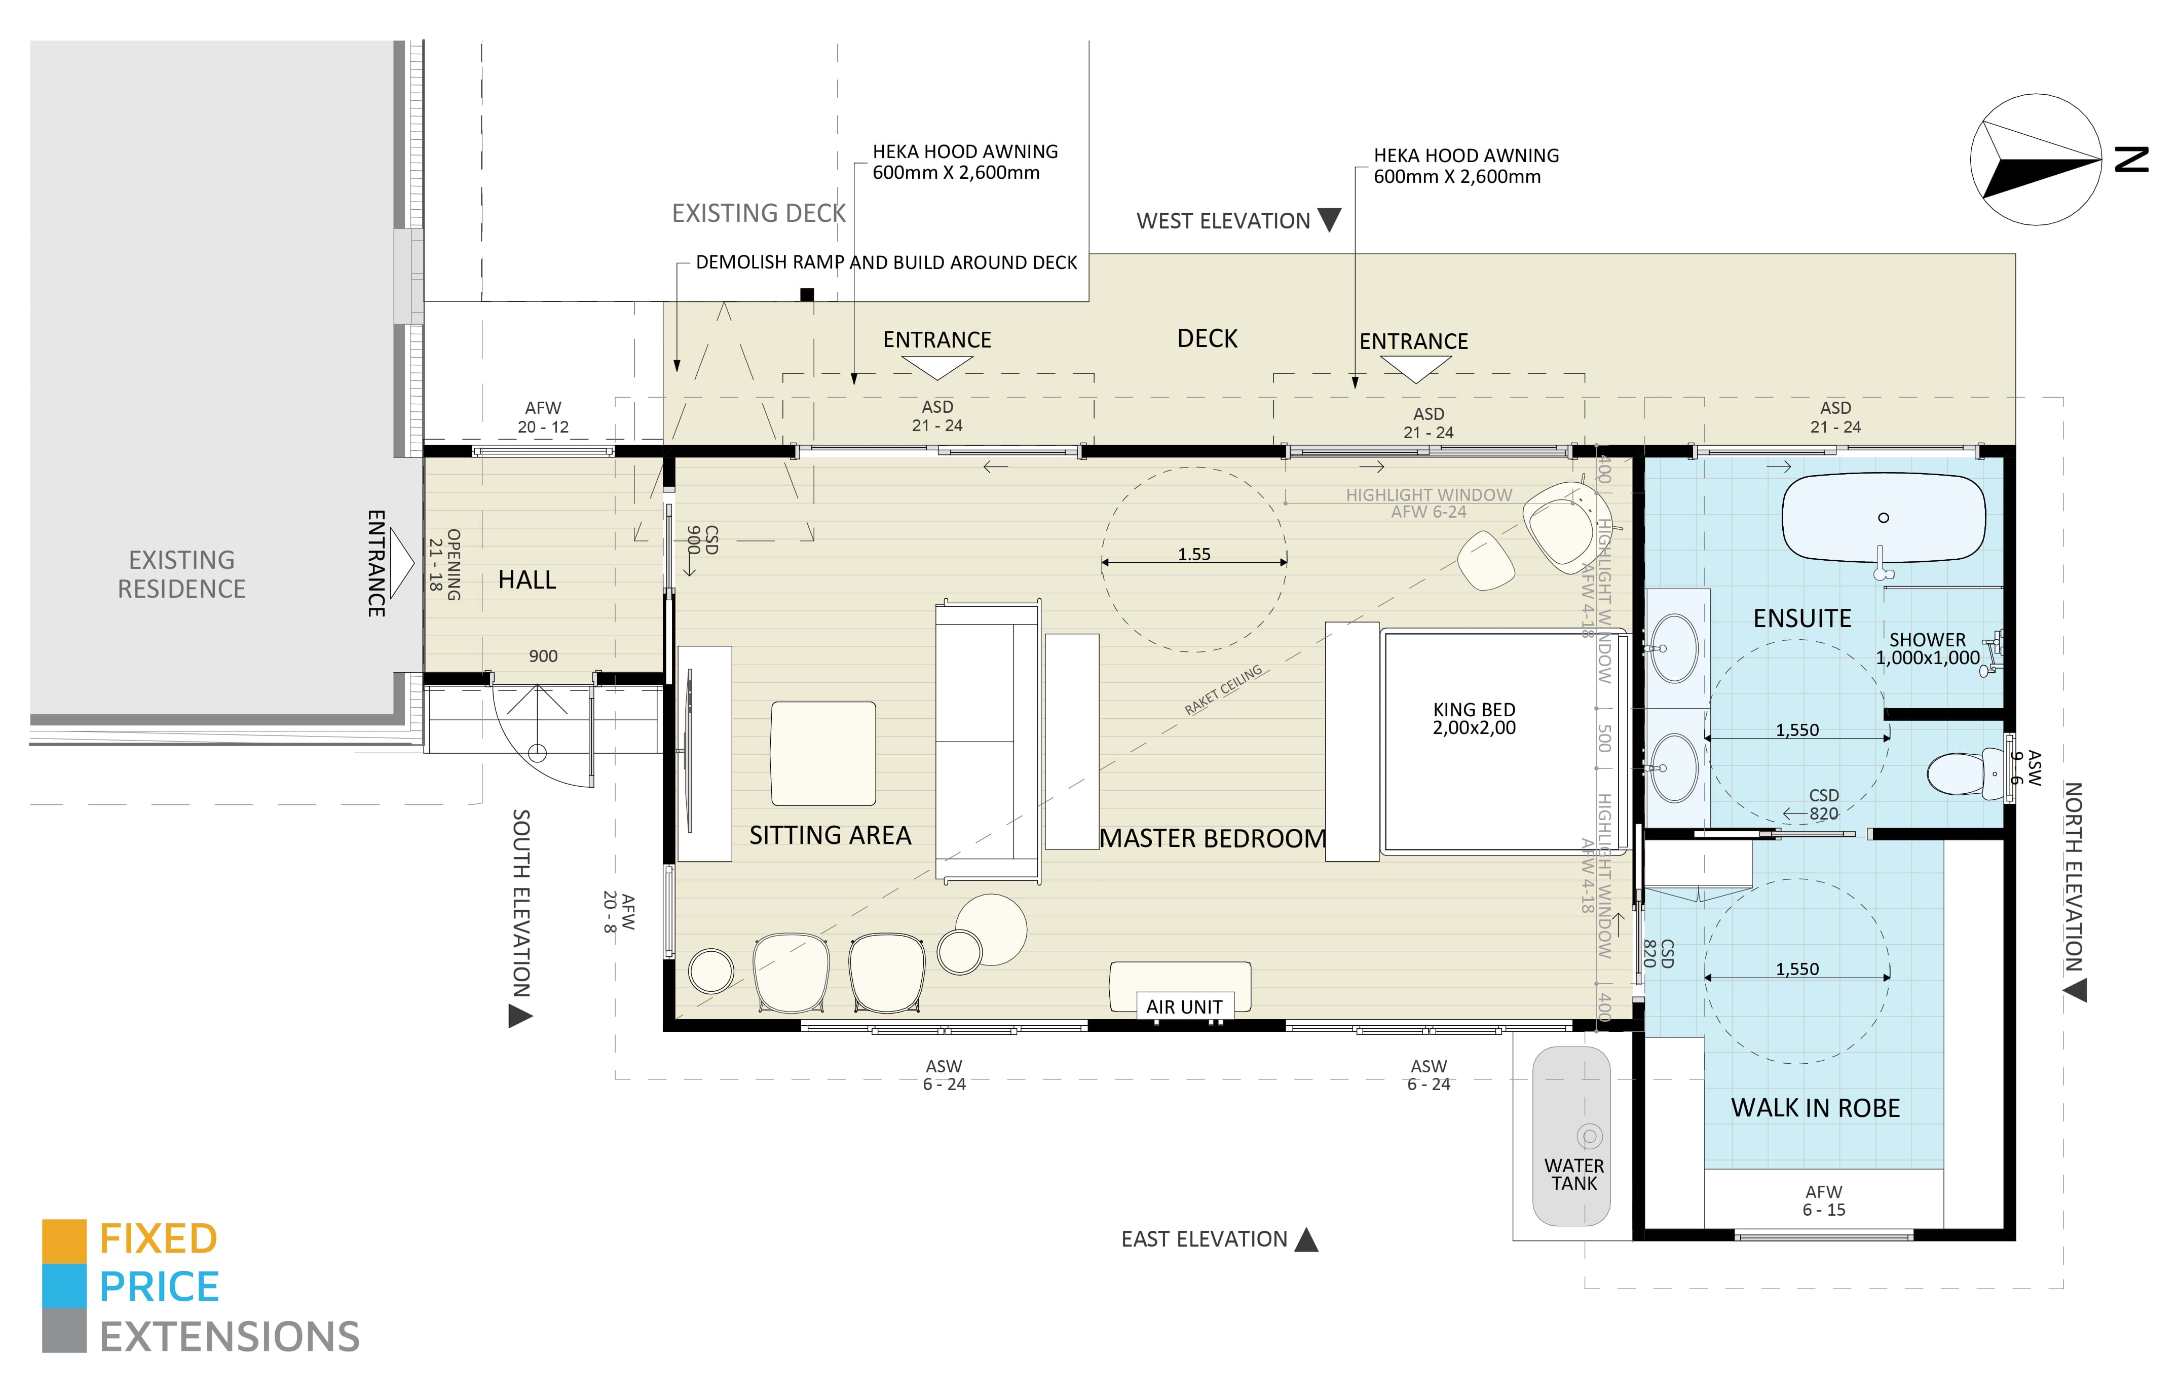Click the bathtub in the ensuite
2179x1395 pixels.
pyautogui.click(x=1883, y=518)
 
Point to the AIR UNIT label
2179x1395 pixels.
pyautogui.click(x=1183, y=1006)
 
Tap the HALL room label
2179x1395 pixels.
pyautogui.click(x=527, y=580)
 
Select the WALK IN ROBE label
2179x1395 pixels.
pyautogui.click(x=1815, y=1108)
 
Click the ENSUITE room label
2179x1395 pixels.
pyautogui.click(x=1801, y=618)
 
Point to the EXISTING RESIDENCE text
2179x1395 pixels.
pyautogui.click(x=181, y=574)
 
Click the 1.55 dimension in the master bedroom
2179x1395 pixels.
pyautogui.click(x=1193, y=554)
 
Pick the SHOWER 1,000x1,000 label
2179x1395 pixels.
pyautogui.click(x=1927, y=648)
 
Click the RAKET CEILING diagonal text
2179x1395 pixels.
pyautogui.click(x=1223, y=690)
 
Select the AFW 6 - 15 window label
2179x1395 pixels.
pyautogui.click(x=1823, y=1200)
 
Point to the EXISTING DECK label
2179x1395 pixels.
pyautogui.click(x=759, y=213)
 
